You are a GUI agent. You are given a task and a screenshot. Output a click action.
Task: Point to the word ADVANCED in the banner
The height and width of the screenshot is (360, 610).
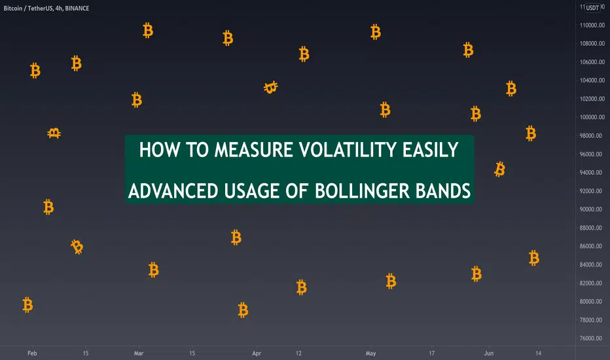173,191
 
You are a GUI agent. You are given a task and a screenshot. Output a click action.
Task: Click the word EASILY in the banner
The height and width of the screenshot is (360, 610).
430,150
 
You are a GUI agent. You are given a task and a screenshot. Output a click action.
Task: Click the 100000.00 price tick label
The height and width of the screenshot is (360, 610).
592,117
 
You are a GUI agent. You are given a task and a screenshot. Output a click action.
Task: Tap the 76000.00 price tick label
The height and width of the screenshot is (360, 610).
591,338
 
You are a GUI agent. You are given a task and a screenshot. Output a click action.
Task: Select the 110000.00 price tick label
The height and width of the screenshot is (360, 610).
592,26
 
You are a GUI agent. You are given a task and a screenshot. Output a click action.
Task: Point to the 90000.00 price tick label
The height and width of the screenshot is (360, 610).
591,209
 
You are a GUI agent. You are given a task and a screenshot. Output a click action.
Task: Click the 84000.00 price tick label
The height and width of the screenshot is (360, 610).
591,264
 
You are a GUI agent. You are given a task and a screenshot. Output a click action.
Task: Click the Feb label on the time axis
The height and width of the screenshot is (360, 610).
32,353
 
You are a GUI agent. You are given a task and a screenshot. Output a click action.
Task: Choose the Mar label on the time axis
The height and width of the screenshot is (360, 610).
139,353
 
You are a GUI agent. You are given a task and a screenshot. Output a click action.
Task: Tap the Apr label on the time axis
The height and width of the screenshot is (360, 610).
257,353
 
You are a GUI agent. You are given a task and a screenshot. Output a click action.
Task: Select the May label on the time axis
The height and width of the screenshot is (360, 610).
370,353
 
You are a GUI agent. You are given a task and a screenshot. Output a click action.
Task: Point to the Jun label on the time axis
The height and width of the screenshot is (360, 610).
489,353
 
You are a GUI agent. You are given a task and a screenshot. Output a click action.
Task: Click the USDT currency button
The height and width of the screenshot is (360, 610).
592,8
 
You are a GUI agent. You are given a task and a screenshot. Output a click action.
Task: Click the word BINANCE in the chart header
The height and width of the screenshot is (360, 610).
77,8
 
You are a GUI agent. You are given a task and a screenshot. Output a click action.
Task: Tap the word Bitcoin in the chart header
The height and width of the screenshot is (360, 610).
13,8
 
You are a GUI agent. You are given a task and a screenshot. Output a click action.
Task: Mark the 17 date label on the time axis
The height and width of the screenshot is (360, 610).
431,353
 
